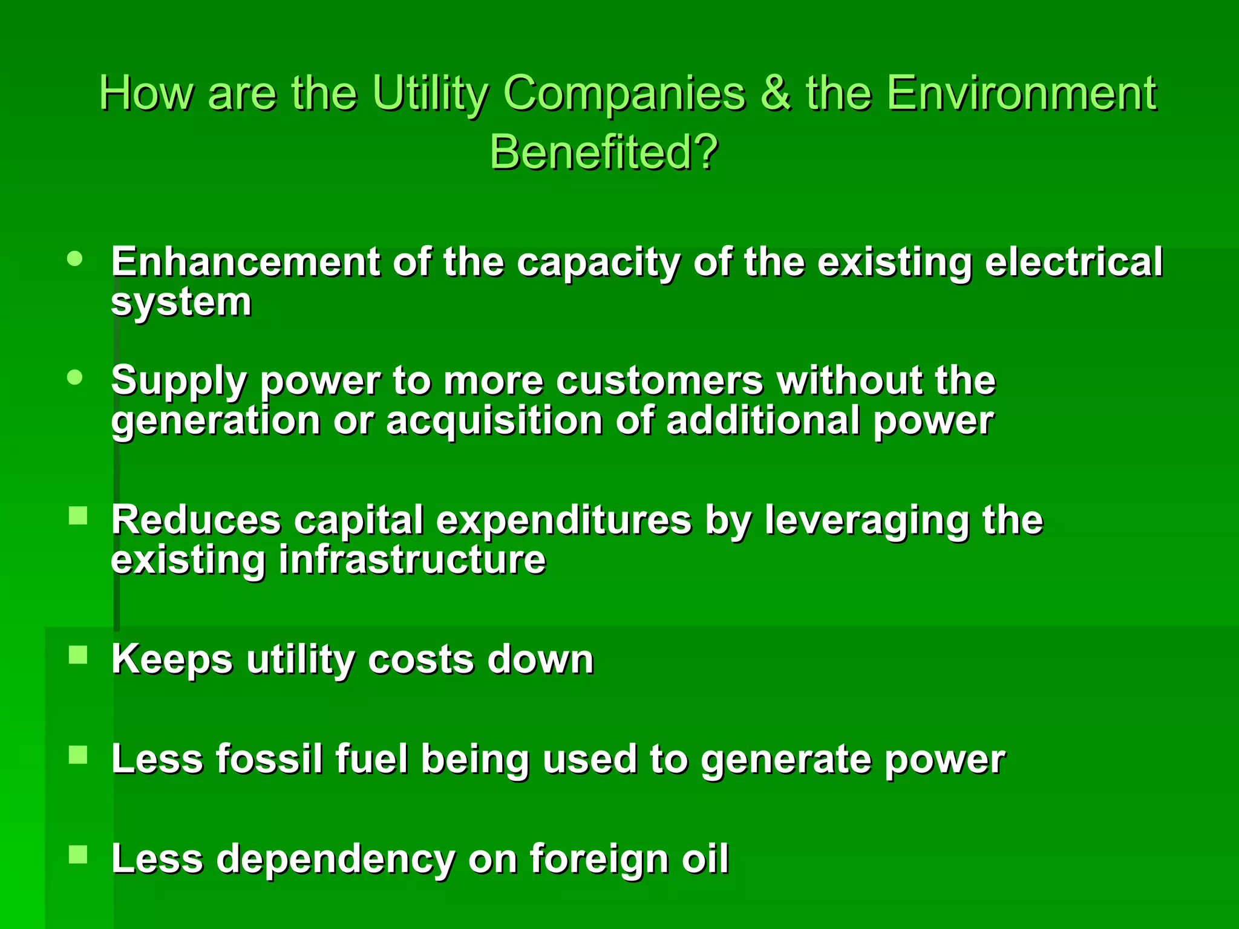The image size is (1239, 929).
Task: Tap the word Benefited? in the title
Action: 604,152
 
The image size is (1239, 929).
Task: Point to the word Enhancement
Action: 245,262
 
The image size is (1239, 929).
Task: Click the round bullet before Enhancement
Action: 75,259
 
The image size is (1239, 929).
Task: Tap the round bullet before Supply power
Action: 75,377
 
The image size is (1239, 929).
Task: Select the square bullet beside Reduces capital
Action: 78,516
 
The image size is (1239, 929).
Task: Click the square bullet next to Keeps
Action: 78,654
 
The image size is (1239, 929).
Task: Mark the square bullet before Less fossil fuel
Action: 78,755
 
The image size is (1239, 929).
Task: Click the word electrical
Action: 1073,262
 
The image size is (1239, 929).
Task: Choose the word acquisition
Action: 494,420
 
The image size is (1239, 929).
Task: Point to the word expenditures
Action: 564,520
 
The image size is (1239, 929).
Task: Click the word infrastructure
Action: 412,559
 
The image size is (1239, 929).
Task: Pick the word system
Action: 181,302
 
